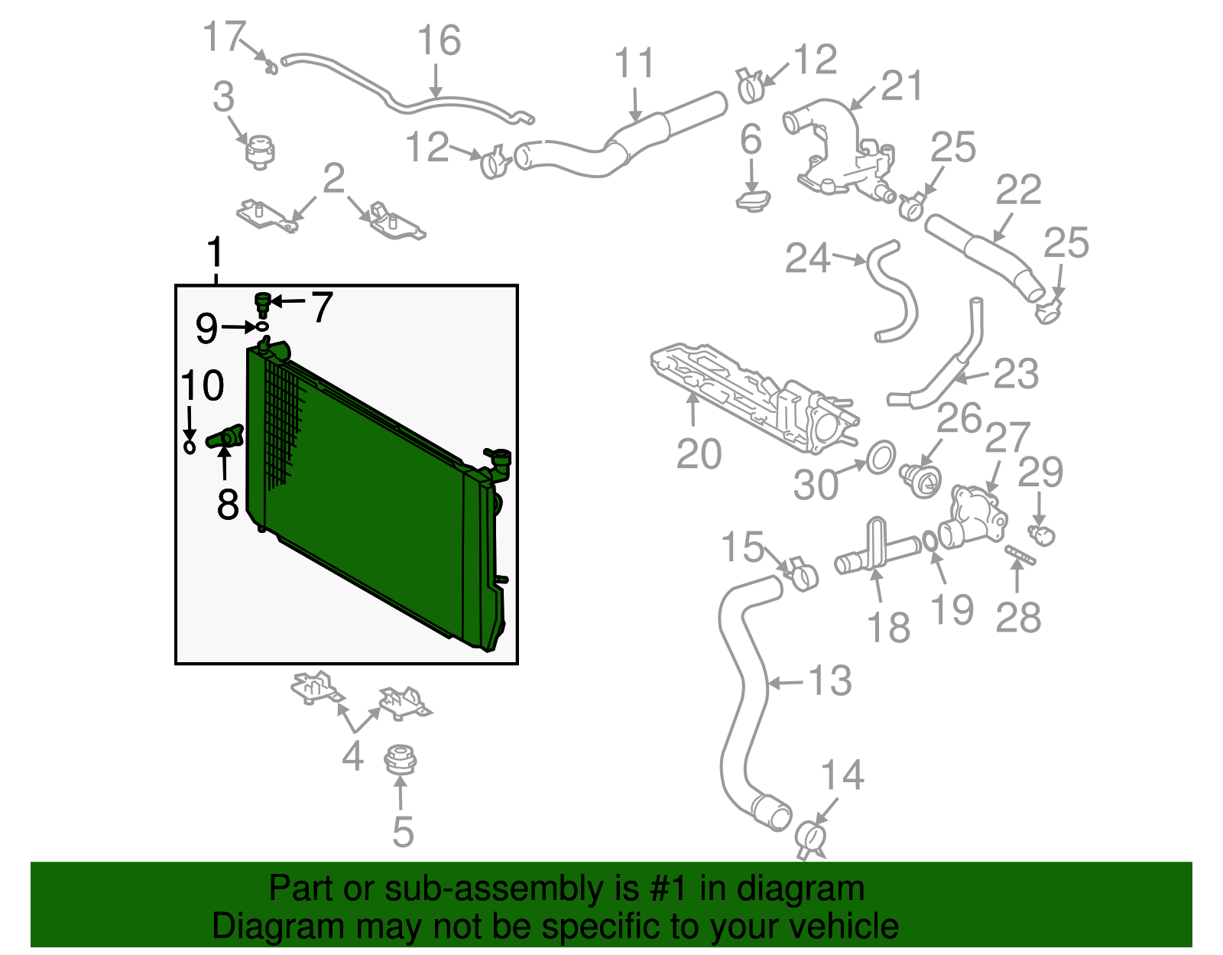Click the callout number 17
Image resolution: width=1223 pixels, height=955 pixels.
click(224, 37)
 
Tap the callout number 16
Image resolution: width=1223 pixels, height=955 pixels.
click(439, 41)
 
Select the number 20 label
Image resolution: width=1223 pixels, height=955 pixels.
click(699, 453)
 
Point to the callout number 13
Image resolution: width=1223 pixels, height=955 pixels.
click(830, 681)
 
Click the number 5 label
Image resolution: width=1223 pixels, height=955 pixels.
click(403, 831)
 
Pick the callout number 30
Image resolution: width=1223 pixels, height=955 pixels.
click(816, 484)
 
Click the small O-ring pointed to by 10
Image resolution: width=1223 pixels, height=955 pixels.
click(190, 447)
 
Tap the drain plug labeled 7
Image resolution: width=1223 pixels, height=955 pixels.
click(262, 305)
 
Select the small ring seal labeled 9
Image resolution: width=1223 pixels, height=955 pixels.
click(261, 326)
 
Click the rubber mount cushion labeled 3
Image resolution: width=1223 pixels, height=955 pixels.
click(260, 152)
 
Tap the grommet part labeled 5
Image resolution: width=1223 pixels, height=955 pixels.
click(401, 759)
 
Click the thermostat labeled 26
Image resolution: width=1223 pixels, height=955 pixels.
click(920, 480)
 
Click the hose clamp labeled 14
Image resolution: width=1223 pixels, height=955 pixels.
click(811, 840)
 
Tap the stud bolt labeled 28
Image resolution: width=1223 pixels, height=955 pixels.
click(1020, 554)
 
